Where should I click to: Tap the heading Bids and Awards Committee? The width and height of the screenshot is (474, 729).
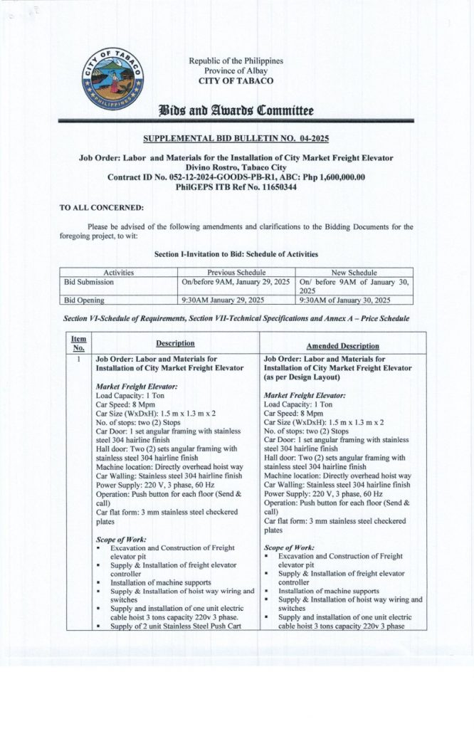(x=236, y=110)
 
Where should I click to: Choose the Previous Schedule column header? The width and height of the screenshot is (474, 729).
(x=236, y=273)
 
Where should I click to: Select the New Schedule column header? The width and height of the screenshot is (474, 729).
(x=354, y=273)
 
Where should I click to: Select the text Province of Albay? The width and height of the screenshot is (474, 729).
(x=236, y=70)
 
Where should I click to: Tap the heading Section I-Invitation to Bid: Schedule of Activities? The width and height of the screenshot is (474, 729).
(x=236, y=254)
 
